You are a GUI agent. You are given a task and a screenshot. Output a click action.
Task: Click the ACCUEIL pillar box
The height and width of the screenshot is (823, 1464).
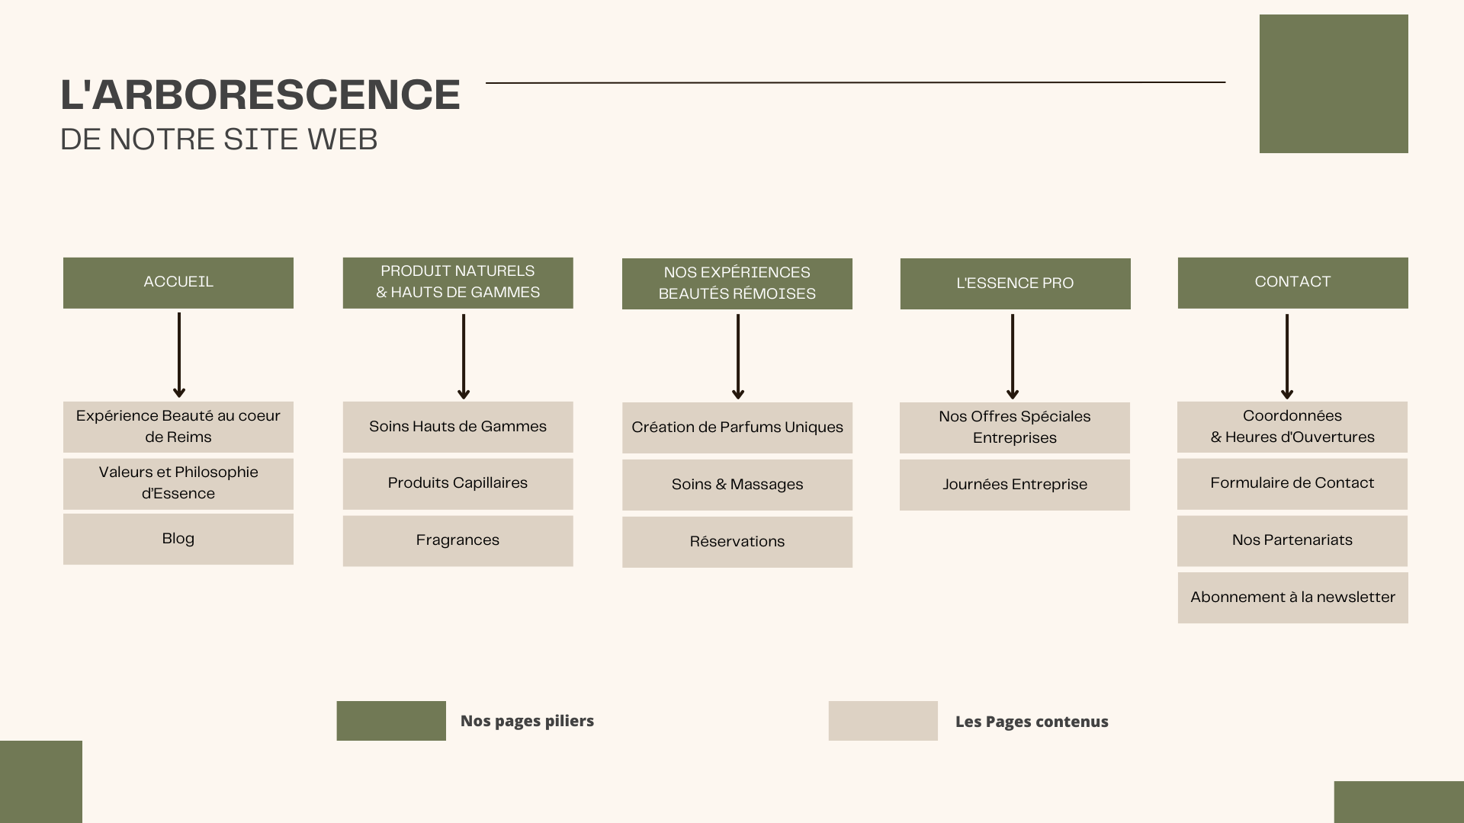tap(178, 283)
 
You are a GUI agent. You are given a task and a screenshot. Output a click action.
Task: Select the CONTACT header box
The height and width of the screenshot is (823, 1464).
tap(1292, 283)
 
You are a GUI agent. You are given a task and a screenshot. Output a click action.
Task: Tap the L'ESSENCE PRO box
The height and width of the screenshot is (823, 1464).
tap(1015, 283)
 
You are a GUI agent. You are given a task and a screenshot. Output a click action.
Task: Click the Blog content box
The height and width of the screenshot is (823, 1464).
tap(178, 539)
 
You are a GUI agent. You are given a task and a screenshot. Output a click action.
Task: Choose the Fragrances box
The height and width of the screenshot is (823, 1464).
tap(457, 540)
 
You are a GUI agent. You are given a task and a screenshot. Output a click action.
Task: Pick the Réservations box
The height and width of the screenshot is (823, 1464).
tap(737, 542)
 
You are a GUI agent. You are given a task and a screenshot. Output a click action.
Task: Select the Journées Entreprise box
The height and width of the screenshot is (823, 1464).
tap(1014, 485)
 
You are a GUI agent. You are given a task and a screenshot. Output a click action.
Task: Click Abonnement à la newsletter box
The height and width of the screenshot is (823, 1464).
tap(1292, 597)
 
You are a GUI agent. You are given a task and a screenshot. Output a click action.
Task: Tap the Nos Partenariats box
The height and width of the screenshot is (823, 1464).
tap(1292, 540)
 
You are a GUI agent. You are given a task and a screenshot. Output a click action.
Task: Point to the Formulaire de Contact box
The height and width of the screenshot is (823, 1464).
tap(1292, 483)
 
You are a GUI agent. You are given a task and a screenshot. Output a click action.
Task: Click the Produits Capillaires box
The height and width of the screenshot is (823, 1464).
tap(457, 483)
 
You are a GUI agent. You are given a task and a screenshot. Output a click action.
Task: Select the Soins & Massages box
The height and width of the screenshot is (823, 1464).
tap(737, 485)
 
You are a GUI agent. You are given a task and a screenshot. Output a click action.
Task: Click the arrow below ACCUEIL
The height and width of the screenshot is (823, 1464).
tap(179, 355)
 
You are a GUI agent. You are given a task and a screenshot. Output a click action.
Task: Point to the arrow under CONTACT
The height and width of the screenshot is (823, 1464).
tap(1287, 357)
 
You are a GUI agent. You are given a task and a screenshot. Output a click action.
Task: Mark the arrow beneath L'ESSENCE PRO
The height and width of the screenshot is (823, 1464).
tap(1013, 357)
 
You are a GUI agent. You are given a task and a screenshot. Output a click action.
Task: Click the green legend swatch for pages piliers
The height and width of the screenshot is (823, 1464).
tap(391, 721)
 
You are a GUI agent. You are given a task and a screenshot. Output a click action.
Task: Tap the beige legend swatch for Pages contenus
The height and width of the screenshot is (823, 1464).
tap(883, 721)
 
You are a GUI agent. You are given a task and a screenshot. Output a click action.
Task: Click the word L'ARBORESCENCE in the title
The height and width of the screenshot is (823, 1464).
tap(260, 95)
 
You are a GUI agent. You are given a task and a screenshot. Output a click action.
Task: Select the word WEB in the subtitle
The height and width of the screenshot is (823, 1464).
tap(342, 139)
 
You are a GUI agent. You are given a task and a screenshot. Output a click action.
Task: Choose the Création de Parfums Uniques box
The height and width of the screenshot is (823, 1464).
tap(737, 428)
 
